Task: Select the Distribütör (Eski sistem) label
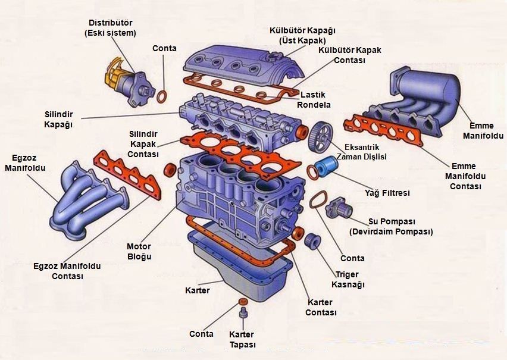[x=110, y=27]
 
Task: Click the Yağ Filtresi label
[x=387, y=193]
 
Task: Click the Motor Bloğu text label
[x=139, y=251]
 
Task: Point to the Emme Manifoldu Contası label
[x=467, y=176]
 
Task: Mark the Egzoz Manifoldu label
[x=25, y=163]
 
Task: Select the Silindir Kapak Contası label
[x=143, y=144]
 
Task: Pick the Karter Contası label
[x=321, y=308]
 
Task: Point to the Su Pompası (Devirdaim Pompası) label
[x=391, y=226]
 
